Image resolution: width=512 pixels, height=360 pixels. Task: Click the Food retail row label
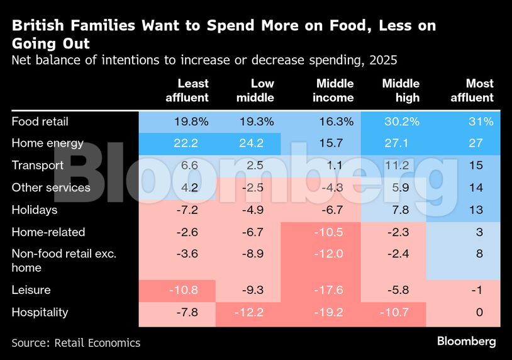pyautogui.click(x=40, y=121)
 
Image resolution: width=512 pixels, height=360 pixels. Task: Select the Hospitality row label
pyautogui.click(x=40, y=312)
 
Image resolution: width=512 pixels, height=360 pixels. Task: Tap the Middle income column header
pyautogui.click(x=335, y=91)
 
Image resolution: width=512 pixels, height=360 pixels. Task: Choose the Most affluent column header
pyautogui.click(x=472, y=91)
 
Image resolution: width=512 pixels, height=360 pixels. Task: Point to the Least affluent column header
pyautogui.click(x=187, y=91)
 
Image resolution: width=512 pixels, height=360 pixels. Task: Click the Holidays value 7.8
pyautogui.click(x=403, y=210)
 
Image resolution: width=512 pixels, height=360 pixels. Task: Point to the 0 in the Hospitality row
pyautogui.click(x=479, y=312)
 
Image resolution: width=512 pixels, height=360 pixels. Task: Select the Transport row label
pyautogui.click(x=37, y=165)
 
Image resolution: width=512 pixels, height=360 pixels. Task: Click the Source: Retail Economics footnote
pyautogui.click(x=75, y=342)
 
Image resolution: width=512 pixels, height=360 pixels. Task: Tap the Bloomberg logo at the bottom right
pyautogui.click(x=466, y=341)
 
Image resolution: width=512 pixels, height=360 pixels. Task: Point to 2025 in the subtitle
pyautogui.click(x=382, y=60)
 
